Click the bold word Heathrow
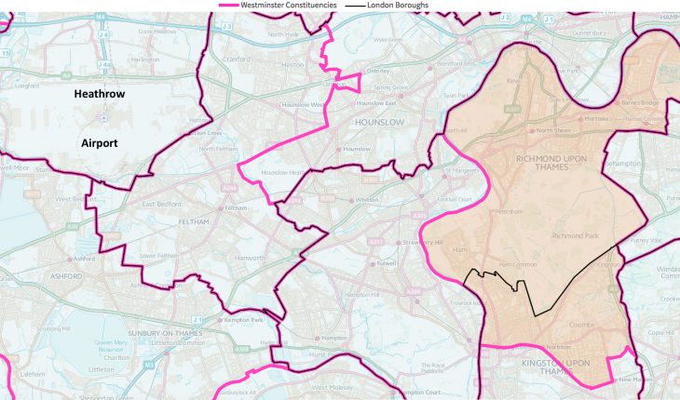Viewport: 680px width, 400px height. (x=100, y=95)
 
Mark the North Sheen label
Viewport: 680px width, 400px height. (x=554, y=130)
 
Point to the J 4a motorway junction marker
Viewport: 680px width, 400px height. (x=105, y=65)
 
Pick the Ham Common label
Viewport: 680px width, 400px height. (x=518, y=265)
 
